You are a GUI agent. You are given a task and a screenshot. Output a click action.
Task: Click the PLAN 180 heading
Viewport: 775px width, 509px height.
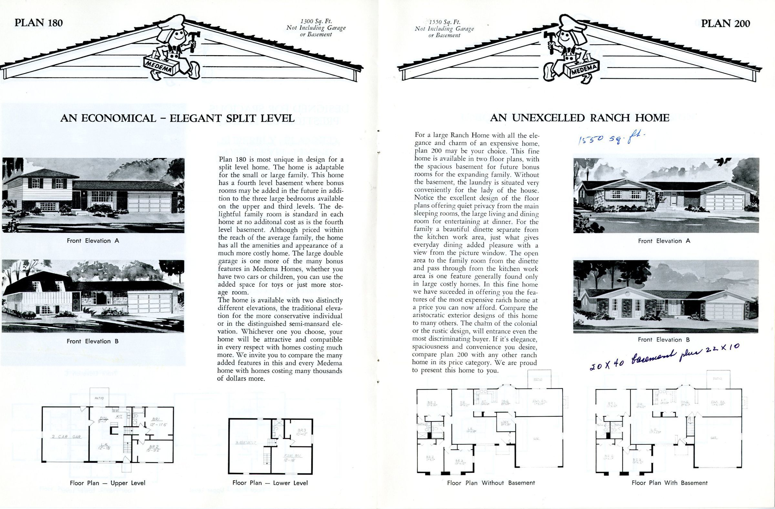click(39, 23)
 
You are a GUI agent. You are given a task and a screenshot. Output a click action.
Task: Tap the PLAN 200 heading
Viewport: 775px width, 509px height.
click(726, 24)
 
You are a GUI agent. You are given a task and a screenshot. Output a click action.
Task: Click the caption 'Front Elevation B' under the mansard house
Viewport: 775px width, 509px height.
click(93, 341)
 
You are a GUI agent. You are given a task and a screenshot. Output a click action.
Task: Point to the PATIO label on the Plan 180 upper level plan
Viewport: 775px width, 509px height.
click(99, 398)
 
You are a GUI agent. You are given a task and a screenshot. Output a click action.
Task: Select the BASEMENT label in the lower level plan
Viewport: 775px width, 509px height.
click(246, 442)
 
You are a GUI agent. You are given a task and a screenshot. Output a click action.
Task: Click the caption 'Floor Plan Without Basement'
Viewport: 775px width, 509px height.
click(491, 483)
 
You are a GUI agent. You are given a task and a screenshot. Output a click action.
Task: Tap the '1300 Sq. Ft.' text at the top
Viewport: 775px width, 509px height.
click(316, 22)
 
